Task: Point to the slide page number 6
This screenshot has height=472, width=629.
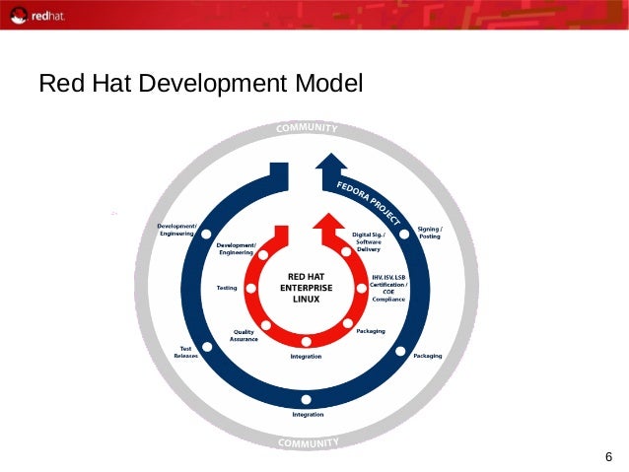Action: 608,456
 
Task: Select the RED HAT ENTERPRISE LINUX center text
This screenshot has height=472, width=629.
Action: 306,288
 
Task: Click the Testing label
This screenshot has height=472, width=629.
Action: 226,288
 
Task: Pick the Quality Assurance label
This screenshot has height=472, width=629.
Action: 244,335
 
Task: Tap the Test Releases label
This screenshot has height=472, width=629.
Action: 185,352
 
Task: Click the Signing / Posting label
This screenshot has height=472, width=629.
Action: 430,233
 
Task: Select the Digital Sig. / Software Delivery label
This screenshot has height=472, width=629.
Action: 369,241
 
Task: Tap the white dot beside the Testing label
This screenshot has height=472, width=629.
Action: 251,288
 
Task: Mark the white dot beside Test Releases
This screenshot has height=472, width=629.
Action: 211,347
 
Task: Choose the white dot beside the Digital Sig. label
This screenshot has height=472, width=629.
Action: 346,252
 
